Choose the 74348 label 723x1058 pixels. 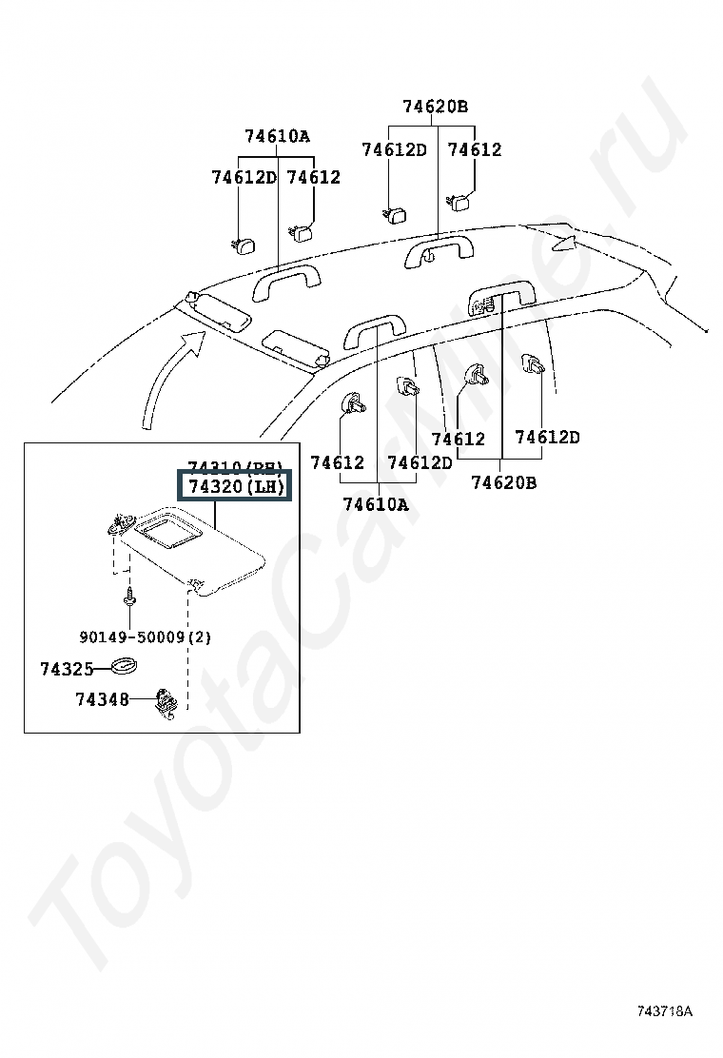[x=102, y=700]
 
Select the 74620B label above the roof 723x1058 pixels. [x=435, y=107]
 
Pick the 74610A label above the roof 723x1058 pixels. [x=277, y=136]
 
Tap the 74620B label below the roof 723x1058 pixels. [x=503, y=482]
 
